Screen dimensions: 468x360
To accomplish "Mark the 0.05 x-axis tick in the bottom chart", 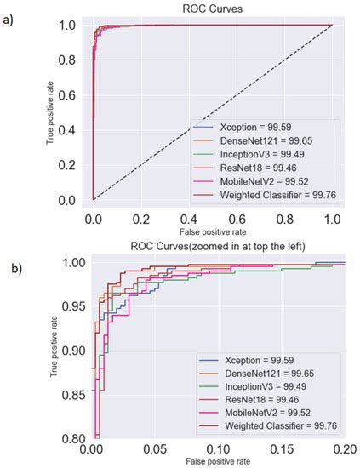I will tap(154, 448).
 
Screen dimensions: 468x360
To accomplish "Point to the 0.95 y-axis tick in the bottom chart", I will tap(72, 305).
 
